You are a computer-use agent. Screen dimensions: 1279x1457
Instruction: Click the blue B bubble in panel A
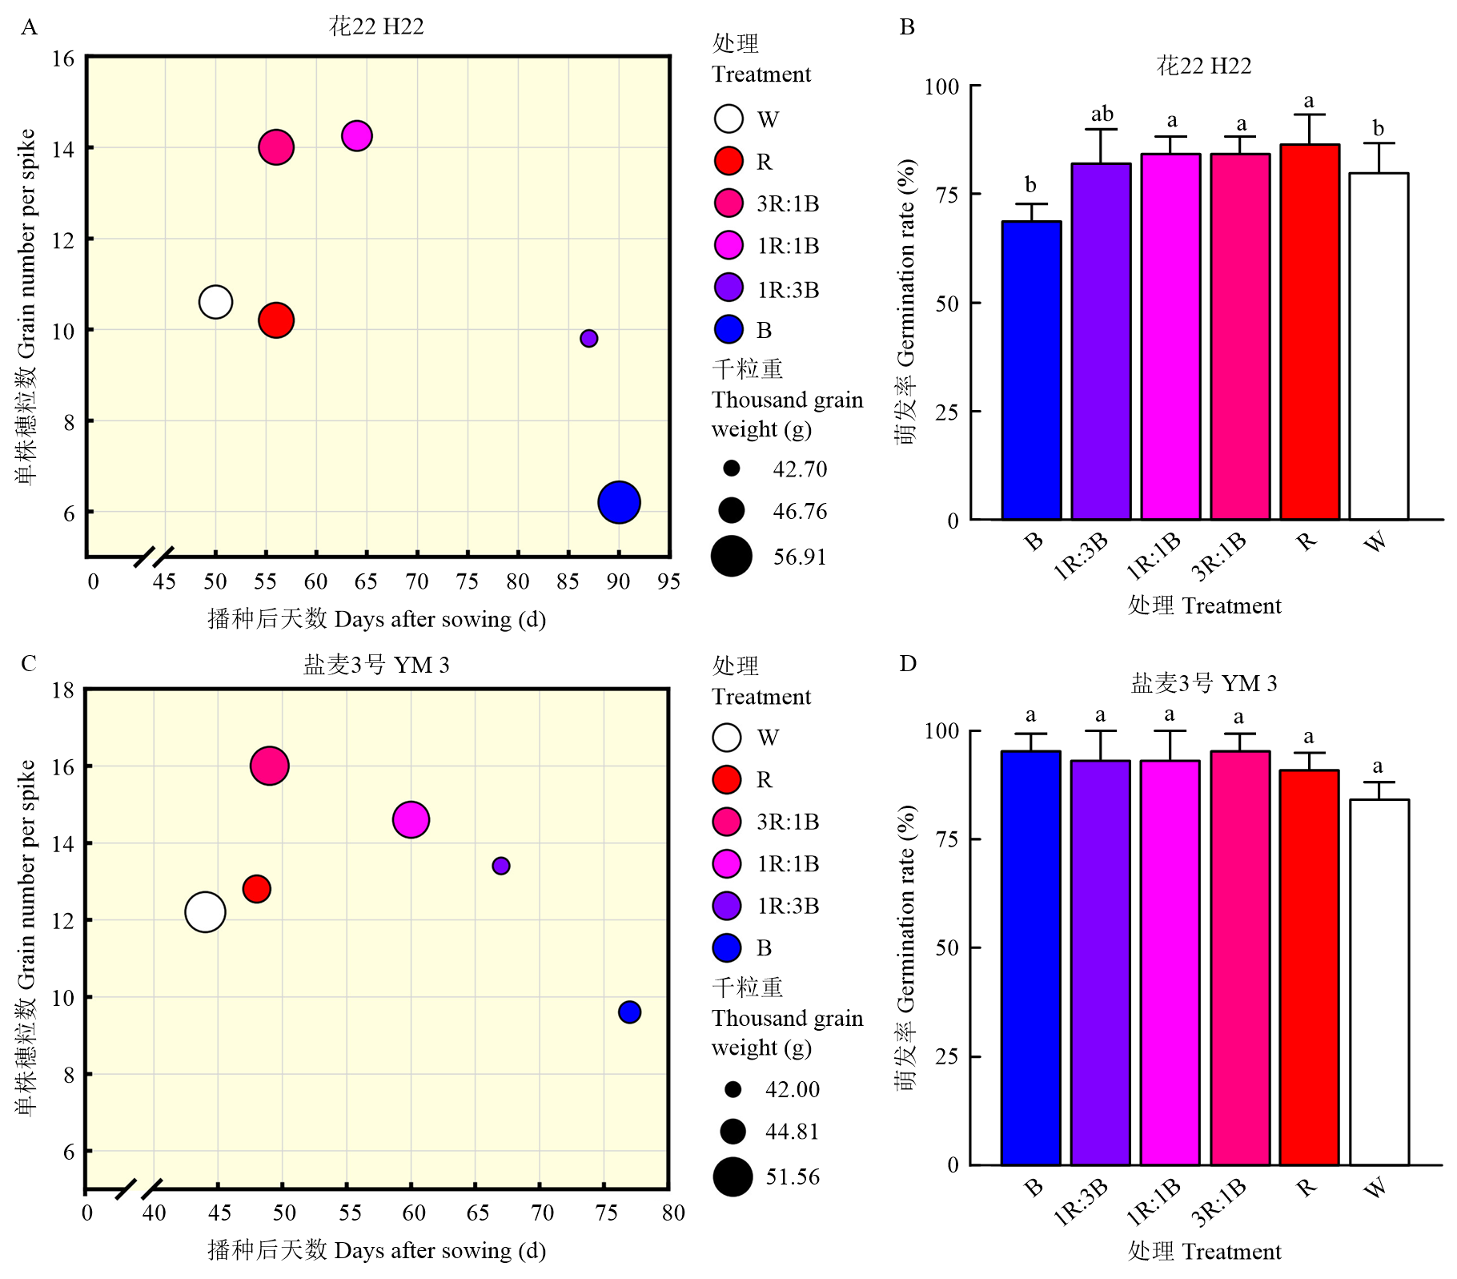coord(619,503)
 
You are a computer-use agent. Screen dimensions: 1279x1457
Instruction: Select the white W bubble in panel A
coord(215,302)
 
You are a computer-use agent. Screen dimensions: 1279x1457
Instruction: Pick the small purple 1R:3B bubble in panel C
coord(501,866)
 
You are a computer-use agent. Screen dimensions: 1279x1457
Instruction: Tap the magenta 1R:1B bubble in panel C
coord(411,819)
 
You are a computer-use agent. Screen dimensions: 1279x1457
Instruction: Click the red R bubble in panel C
coord(257,889)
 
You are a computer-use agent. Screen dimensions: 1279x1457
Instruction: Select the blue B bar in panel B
coord(1031,371)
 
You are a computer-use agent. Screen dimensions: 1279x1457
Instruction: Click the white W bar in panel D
coord(1379,982)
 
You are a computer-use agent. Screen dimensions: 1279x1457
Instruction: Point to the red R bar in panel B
coord(1309,332)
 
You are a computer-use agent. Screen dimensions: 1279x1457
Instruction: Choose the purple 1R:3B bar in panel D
coord(1100,963)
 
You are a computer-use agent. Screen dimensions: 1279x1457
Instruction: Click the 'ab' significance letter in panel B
coord(1102,115)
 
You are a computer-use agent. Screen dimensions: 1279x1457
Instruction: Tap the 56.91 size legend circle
coord(732,557)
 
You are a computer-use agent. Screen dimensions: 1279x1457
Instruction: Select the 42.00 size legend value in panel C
coord(793,1089)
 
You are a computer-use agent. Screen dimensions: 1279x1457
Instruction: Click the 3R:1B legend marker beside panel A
coord(728,203)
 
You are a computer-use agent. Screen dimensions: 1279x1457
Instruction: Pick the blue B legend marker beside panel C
coord(727,948)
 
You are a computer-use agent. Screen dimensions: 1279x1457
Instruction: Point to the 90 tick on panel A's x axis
coord(618,581)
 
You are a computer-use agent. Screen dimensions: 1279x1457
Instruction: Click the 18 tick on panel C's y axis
coord(63,690)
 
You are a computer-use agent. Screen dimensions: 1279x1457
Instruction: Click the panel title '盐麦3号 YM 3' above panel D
coord(1203,683)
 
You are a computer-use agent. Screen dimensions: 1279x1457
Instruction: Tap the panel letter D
coord(907,664)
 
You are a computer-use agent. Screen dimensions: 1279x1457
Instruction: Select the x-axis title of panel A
coord(376,619)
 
